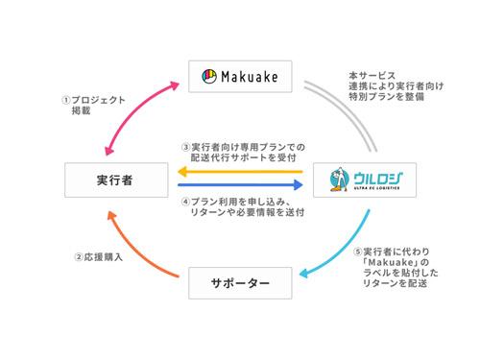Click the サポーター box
tap(241, 283)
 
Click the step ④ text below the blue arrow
tap(245, 207)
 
